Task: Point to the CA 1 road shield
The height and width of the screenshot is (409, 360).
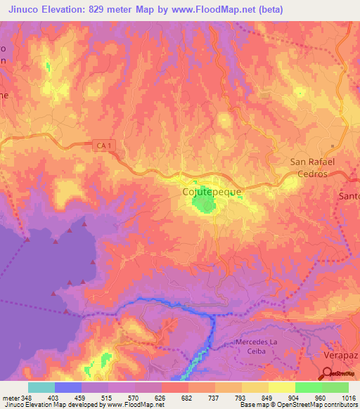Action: (x=103, y=145)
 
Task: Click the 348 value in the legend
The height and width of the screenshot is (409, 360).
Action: (x=27, y=398)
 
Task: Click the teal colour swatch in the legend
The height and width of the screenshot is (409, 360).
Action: (x=41, y=387)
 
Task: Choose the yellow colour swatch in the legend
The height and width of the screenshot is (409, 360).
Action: (x=281, y=387)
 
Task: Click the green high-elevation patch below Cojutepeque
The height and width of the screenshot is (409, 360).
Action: (x=204, y=204)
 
